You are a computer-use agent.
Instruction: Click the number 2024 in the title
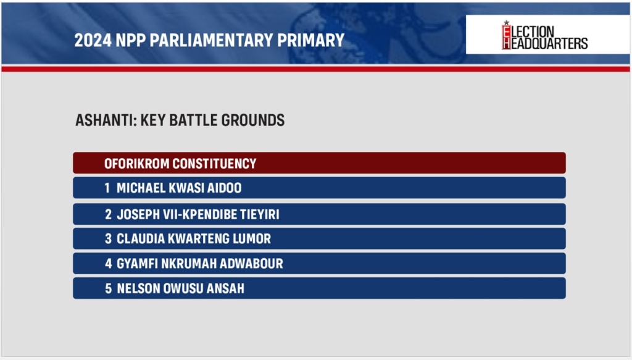point(93,40)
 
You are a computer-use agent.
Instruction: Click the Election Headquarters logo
point(544,35)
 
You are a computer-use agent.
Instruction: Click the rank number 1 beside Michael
point(107,188)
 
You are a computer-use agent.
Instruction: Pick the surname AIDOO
point(224,188)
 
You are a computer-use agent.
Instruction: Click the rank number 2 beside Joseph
point(108,214)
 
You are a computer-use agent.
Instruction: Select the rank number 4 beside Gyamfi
point(109,264)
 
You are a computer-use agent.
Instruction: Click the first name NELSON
point(138,288)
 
